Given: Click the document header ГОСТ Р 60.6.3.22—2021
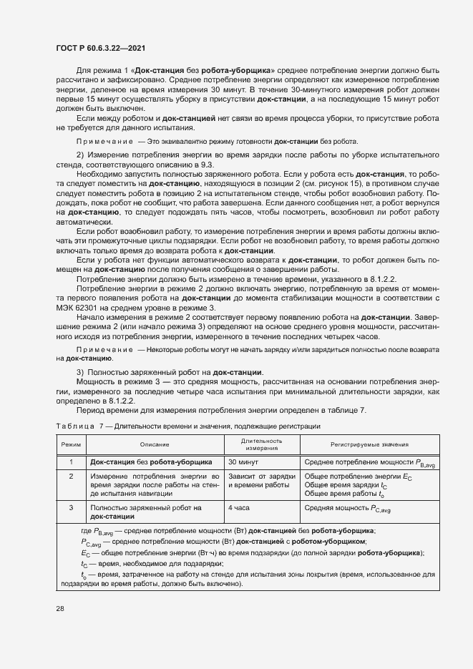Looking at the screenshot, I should (x=102, y=49).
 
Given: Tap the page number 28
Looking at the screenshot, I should (x=60, y=607).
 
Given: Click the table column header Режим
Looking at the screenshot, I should (x=71, y=444).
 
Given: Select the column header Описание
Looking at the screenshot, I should (x=154, y=444).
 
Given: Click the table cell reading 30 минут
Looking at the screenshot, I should (x=245, y=462).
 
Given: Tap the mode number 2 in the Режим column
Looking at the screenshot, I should (x=71, y=476).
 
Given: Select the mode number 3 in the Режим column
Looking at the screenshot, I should (x=71, y=507).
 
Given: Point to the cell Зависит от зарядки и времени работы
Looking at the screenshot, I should (x=261, y=480).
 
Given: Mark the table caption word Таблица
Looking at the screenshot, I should (x=75, y=426).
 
